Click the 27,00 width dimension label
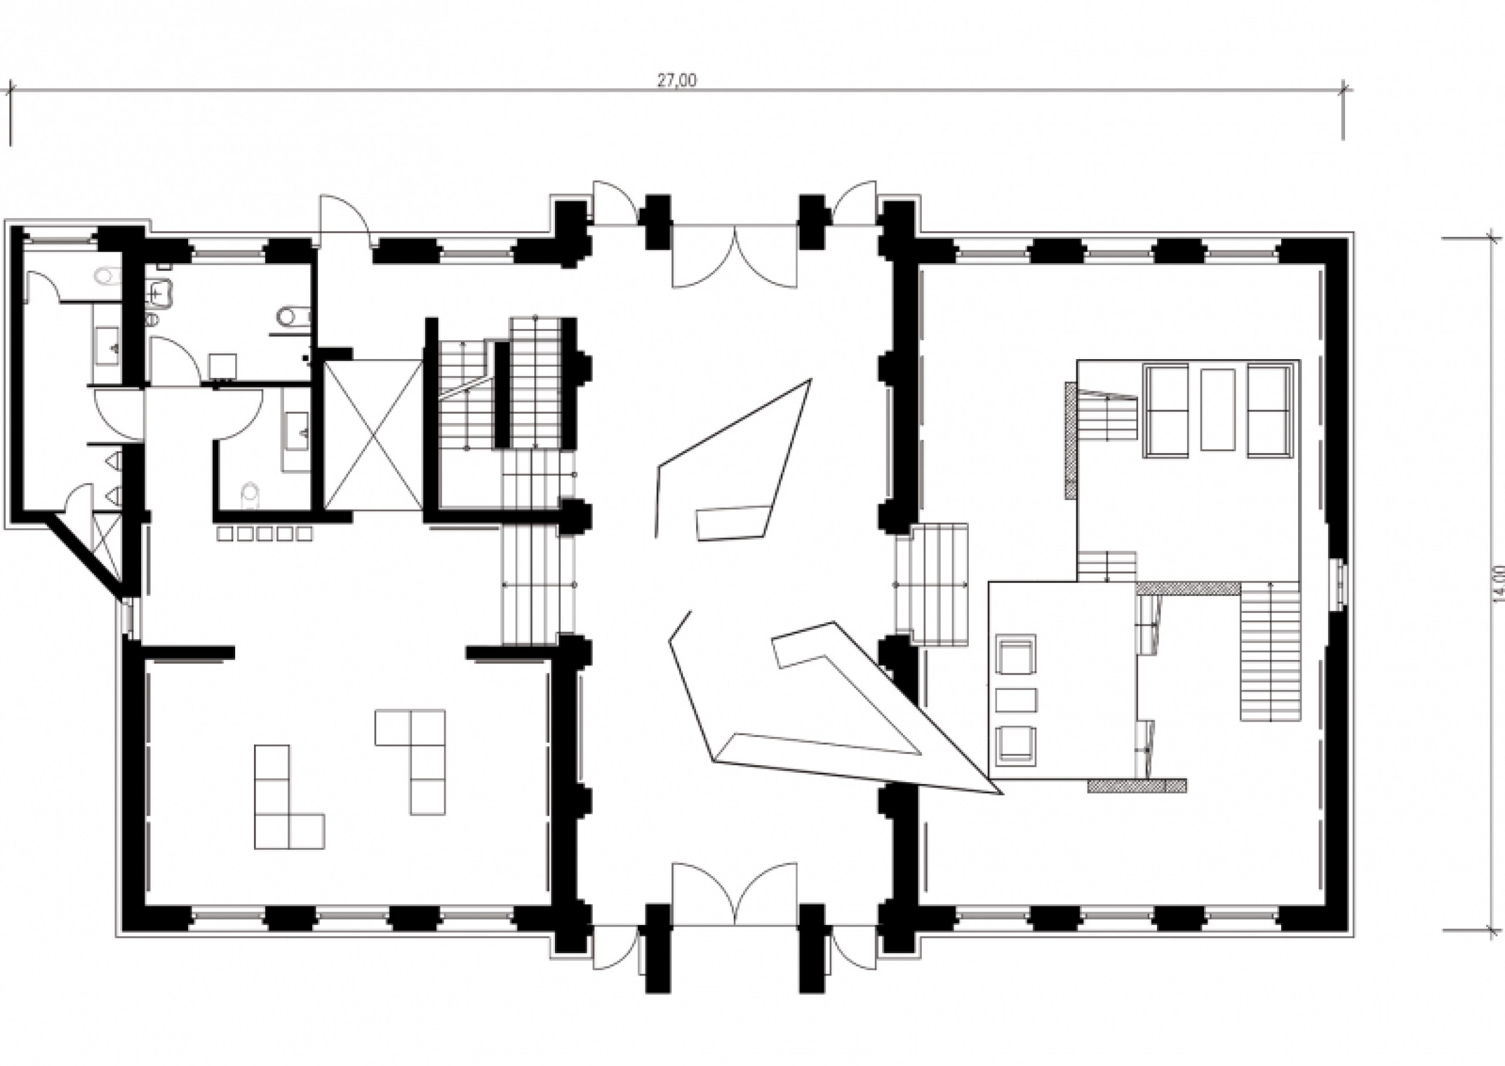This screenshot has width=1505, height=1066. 677,80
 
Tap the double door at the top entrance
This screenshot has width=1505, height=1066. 735,256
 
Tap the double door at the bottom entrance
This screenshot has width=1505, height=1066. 735,894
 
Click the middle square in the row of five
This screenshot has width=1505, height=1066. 265,534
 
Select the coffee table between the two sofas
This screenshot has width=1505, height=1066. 1218,409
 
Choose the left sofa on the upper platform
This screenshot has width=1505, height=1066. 1167,410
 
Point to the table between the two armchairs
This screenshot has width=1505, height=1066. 1016,700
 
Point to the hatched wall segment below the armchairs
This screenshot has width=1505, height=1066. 1138,786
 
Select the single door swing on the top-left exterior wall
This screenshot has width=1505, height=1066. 344,220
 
